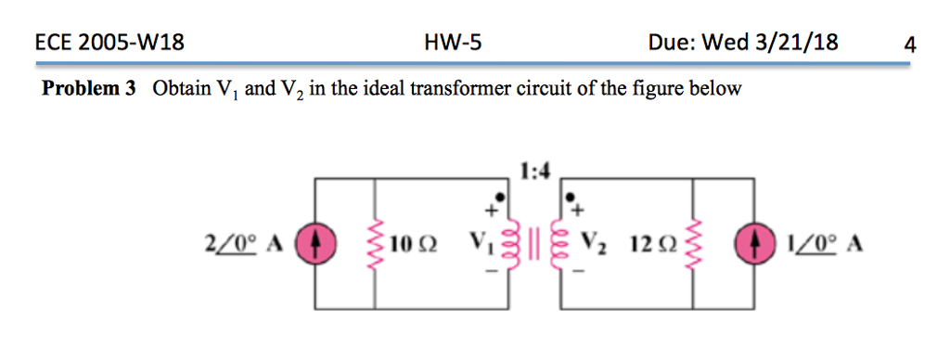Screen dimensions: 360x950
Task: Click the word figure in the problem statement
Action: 644,89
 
